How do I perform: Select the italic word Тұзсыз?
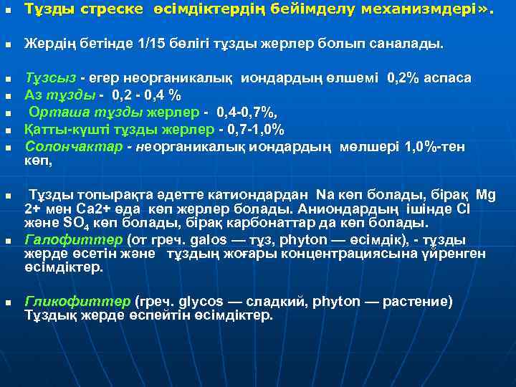51,76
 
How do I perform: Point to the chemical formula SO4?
77,224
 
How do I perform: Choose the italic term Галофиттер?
63,239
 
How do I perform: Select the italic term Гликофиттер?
67,302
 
